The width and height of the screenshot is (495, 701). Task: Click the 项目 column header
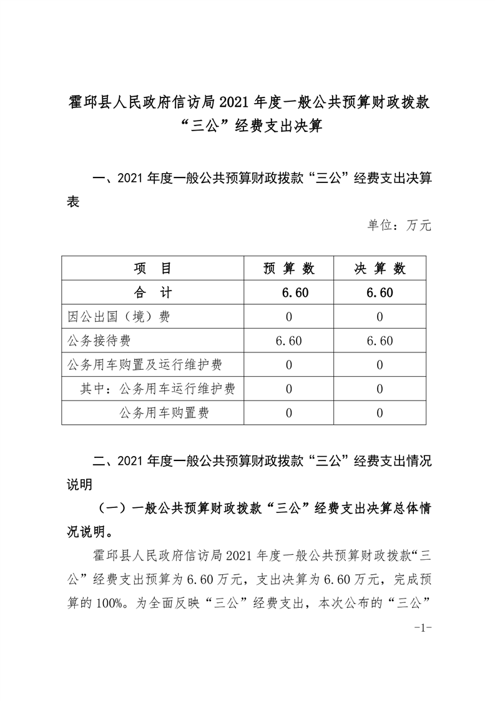coord(152,269)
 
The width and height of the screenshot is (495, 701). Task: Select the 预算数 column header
coord(289,269)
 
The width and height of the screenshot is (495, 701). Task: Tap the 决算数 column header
coord(380,269)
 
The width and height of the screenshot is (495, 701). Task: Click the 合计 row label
coord(152,292)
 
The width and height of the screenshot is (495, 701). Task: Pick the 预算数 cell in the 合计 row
coord(289,292)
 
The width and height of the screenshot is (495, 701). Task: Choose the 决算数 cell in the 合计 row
coord(380,292)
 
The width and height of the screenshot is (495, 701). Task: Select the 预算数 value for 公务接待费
coord(289,341)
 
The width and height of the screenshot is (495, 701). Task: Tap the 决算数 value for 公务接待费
coord(380,341)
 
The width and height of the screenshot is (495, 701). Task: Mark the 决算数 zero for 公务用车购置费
coord(380,412)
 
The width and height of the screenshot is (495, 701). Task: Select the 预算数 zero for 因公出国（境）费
coord(289,316)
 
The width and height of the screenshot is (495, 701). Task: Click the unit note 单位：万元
coord(399,225)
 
